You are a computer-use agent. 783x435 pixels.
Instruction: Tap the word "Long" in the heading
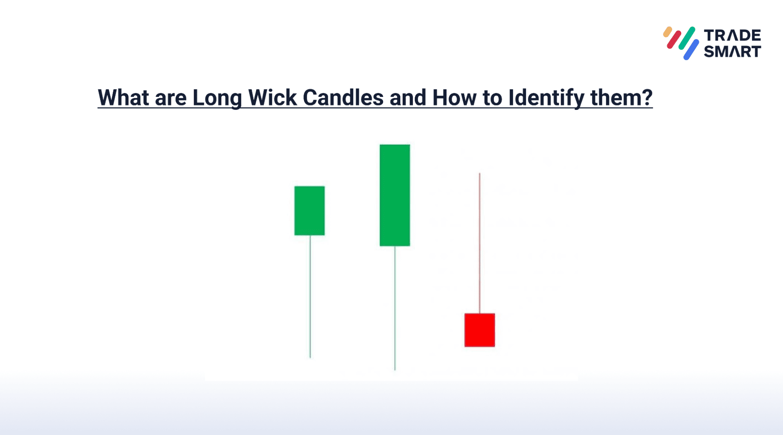coord(217,98)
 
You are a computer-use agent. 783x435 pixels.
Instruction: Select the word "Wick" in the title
coord(272,97)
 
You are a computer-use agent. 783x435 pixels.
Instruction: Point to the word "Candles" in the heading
coord(343,97)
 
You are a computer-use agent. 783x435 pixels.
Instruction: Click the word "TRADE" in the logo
coord(732,35)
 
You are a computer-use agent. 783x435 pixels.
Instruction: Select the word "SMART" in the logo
coord(732,51)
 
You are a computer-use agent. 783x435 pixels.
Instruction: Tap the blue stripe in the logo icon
coord(691,49)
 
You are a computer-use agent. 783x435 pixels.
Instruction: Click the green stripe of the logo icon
coord(687,38)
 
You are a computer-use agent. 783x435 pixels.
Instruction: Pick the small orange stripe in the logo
coord(667,32)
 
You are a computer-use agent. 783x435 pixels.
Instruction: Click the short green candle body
coord(309,211)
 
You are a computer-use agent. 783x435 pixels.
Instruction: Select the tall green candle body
coord(395,195)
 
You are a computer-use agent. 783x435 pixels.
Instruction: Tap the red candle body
coord(480,330)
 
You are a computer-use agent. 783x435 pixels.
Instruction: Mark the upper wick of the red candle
coord(479,243)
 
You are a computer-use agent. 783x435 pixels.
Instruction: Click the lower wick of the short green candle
coord(310,297)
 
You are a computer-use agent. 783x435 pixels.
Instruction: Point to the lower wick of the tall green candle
coord(395,308)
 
